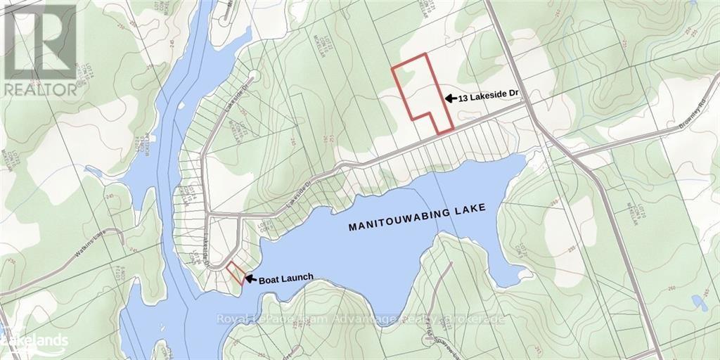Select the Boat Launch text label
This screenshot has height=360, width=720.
285,278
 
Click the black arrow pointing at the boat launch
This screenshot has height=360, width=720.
250,278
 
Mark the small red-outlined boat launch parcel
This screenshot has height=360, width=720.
236,272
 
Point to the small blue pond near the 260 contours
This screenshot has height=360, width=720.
699,303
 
